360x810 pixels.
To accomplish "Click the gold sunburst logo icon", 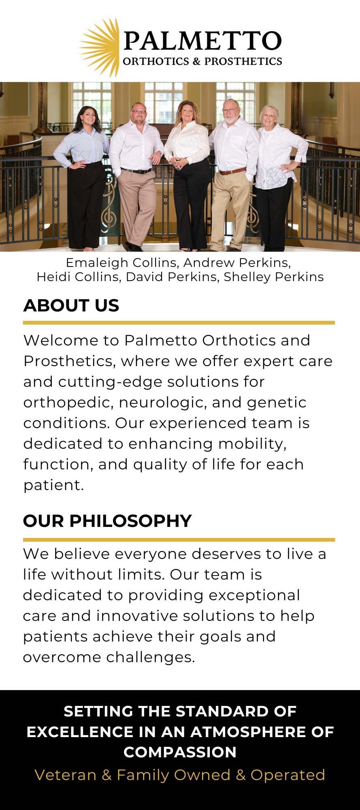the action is click(x=100, y=48).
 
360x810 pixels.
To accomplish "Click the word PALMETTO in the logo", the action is click(x=202, y=41).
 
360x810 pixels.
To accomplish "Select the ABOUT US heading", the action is click(x=71, y=305).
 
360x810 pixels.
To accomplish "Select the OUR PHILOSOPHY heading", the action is click(x=107, y=521).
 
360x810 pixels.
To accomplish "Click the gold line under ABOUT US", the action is click(x=179, y=323).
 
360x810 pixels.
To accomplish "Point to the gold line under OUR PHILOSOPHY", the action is click(x=179, y=539).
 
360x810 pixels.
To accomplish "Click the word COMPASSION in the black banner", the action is click(x=180, y=752).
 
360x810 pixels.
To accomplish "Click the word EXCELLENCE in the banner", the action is click(x=80, y=732).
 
